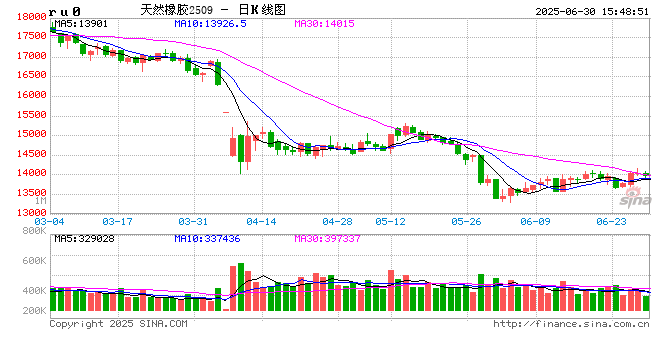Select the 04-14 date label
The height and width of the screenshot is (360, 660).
(260, 221)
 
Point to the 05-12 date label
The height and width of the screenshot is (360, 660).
(390, 221)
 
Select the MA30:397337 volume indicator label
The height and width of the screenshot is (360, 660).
(331, 239)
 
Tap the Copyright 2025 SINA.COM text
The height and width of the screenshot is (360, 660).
(118, 324)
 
